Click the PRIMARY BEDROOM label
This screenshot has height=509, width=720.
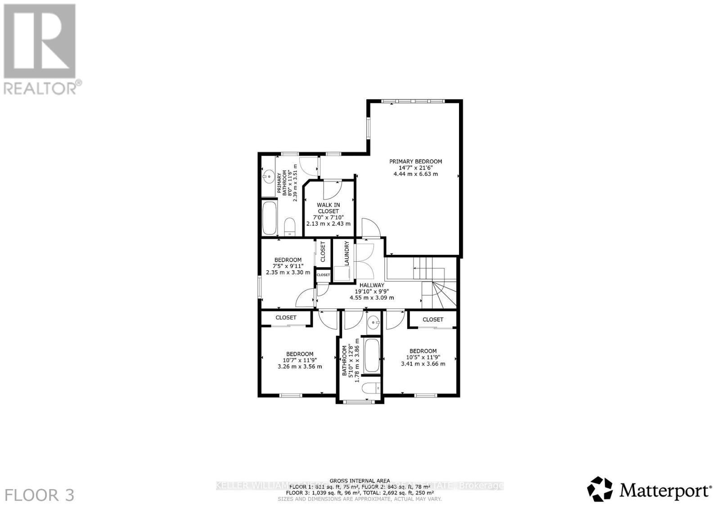[x=415, y=161]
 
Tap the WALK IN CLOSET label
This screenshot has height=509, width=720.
[x=328, y=208]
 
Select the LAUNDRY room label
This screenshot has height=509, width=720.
[x=347, y=254]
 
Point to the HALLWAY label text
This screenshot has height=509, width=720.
[x=372, y=285]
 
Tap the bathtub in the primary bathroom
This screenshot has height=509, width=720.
[x=269, y=218]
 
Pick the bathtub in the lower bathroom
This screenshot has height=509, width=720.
[x=372, y=356]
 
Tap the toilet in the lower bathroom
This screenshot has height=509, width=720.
[x=372, y=388]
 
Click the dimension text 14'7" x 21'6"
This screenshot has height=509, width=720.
[x=415, y=168]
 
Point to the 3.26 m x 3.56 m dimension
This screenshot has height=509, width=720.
[x=300, y=366]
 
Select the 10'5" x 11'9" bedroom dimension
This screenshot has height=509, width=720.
[x=423, y=357]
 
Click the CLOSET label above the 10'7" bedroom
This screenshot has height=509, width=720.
[x=286, y=317]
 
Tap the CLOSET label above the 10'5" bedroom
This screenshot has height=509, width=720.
[x=433, y=319]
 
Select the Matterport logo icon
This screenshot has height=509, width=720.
[x=600, y=489]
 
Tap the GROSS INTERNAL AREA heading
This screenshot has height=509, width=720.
[x=360, y=481]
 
